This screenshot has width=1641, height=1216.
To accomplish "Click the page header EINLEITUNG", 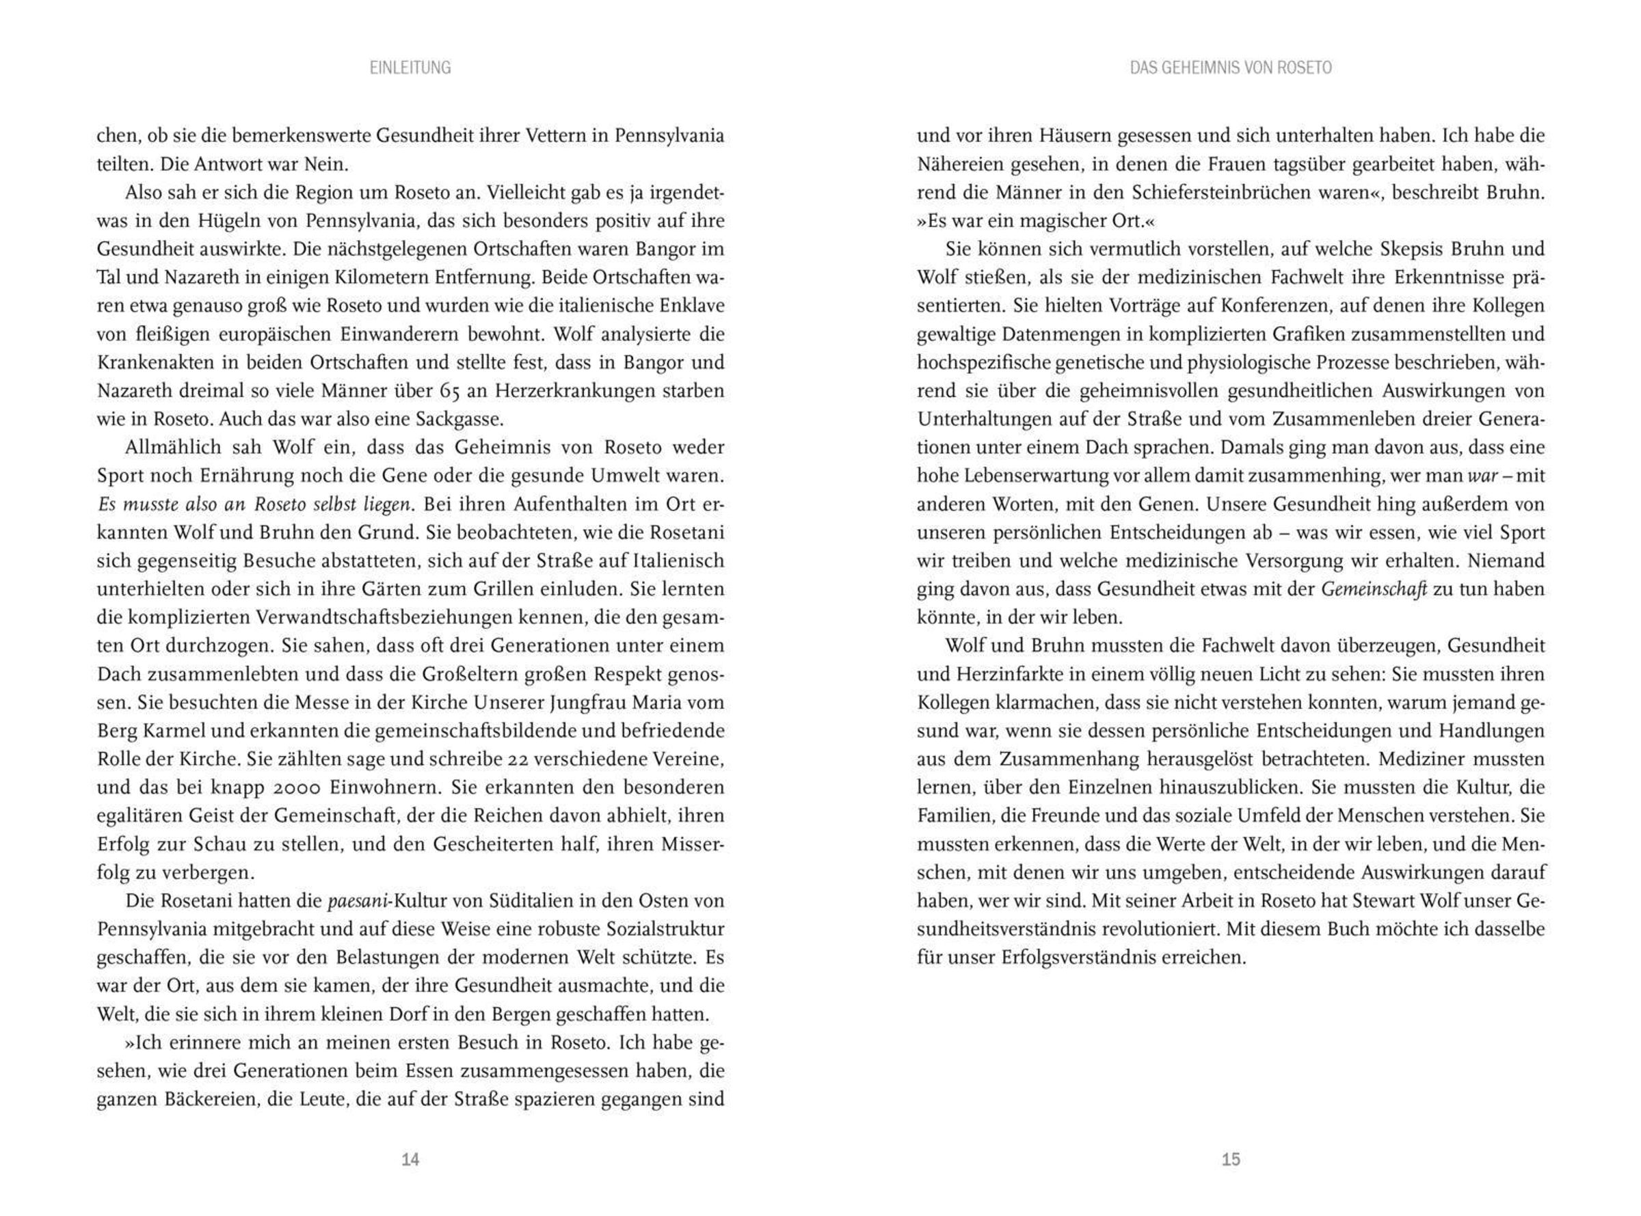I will click(x=410, y=68).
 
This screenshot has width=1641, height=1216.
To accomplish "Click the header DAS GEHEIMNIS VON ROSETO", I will click(x=1230, y=68).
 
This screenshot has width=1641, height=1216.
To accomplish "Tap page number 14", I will click(x=410, y=1159).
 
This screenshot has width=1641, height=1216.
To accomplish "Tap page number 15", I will click(x=1230, y=1159).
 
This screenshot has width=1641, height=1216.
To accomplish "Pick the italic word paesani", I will click(x=357, y=901).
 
